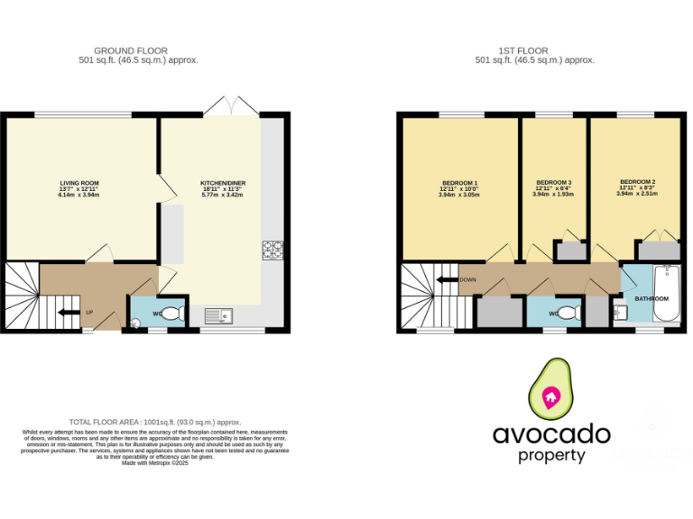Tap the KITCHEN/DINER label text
click(223, 183)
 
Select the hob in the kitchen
click(273, 249)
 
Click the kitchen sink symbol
click(217, 314)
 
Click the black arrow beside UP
click(68, 313)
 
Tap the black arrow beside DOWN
click(447, 279)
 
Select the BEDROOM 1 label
click(459, 182)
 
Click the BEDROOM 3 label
click(553, 182)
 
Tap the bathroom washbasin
click(620, 313)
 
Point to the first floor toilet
click(565, 313)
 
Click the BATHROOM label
click(651, 298)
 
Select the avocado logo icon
click(550, 391)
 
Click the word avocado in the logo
click(550, 435)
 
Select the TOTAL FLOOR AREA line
click(155, 422)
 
